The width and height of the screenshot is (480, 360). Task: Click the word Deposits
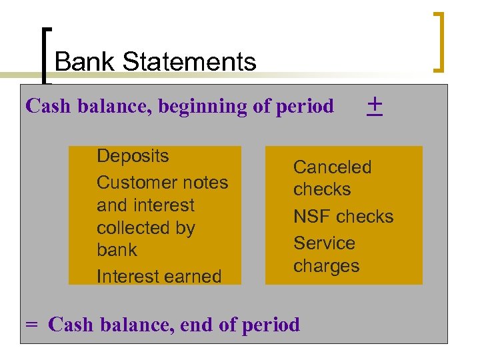click(133, 156)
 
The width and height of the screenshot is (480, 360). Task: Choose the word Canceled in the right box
click(332, 167)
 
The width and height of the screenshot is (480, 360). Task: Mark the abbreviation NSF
click(312, 216)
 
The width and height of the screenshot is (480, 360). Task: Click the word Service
click(324, 243)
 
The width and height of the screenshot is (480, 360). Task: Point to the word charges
click(326, 265)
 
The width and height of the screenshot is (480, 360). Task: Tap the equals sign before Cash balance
click(31, 325)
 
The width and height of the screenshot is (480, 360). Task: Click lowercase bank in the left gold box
click(116, 250)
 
